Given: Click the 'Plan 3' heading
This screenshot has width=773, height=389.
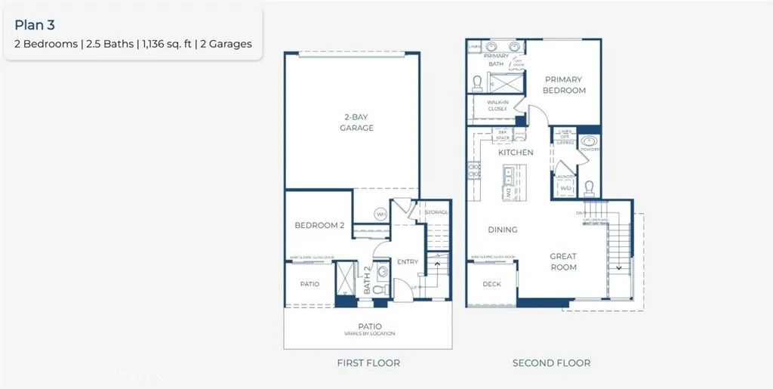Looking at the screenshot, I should click(x=35, y=25).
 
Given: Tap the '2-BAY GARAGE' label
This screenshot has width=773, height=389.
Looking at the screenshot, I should click(x=356, y=122).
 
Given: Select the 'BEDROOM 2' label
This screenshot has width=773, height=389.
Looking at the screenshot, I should click(x=319, y=225).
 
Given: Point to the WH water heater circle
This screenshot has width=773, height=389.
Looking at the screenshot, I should click(x=381, y=213).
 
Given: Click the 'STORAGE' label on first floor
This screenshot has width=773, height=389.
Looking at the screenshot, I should click(x=436, y=212).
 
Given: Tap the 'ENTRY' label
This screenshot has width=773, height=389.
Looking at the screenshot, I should click(x=408, y=262).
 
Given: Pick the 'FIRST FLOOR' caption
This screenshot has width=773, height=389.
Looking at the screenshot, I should click(x=368, y=363).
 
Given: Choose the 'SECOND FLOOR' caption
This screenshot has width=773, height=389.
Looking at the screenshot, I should click(x=551, y=363).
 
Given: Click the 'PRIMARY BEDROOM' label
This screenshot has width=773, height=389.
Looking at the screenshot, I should click(x=565, y=85).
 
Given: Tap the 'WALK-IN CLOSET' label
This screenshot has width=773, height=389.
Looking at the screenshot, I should click(x=497, y=105).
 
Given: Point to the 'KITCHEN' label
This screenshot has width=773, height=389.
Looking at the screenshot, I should click(x=516, y=153).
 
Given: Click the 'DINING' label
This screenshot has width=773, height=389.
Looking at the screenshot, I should click(x=502, y=230).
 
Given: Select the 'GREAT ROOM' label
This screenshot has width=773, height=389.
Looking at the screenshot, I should click(x=563, y=261).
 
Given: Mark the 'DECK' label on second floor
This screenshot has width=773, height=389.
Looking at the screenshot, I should click(x=491, y=285).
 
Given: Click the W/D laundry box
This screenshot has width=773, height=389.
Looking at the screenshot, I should click(x=565, y=187).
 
